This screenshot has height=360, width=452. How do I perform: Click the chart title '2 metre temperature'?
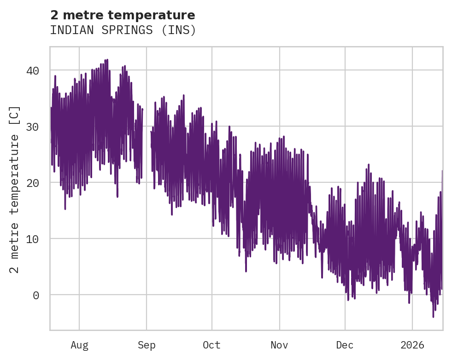[123, 15]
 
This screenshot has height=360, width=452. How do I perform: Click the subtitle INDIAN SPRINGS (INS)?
[123, 30]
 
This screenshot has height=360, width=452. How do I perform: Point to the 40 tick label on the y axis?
[32, 70]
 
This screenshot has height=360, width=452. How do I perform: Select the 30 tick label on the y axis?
[32, 127]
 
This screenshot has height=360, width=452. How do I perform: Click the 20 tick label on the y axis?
[32, 183]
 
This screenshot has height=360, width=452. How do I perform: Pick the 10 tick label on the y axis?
[32, 239]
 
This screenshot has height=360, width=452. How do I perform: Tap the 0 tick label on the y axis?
[35, 295]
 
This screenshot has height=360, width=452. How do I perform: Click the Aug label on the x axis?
[79, 345]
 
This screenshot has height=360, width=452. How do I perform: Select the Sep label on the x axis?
[147, 345]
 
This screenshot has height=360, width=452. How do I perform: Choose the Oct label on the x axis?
[212, 345]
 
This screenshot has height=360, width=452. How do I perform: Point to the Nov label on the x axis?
[279, 345]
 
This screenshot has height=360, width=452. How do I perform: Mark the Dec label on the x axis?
[345, 345]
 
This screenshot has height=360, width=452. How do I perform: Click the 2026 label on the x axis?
[412, 345]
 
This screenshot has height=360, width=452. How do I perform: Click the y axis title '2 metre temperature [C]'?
[15, 189]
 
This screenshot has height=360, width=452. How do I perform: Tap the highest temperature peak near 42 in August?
[107, 60]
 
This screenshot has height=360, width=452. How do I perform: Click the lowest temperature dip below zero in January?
[433, 316]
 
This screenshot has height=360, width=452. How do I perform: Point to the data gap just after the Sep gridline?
[147, 138]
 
